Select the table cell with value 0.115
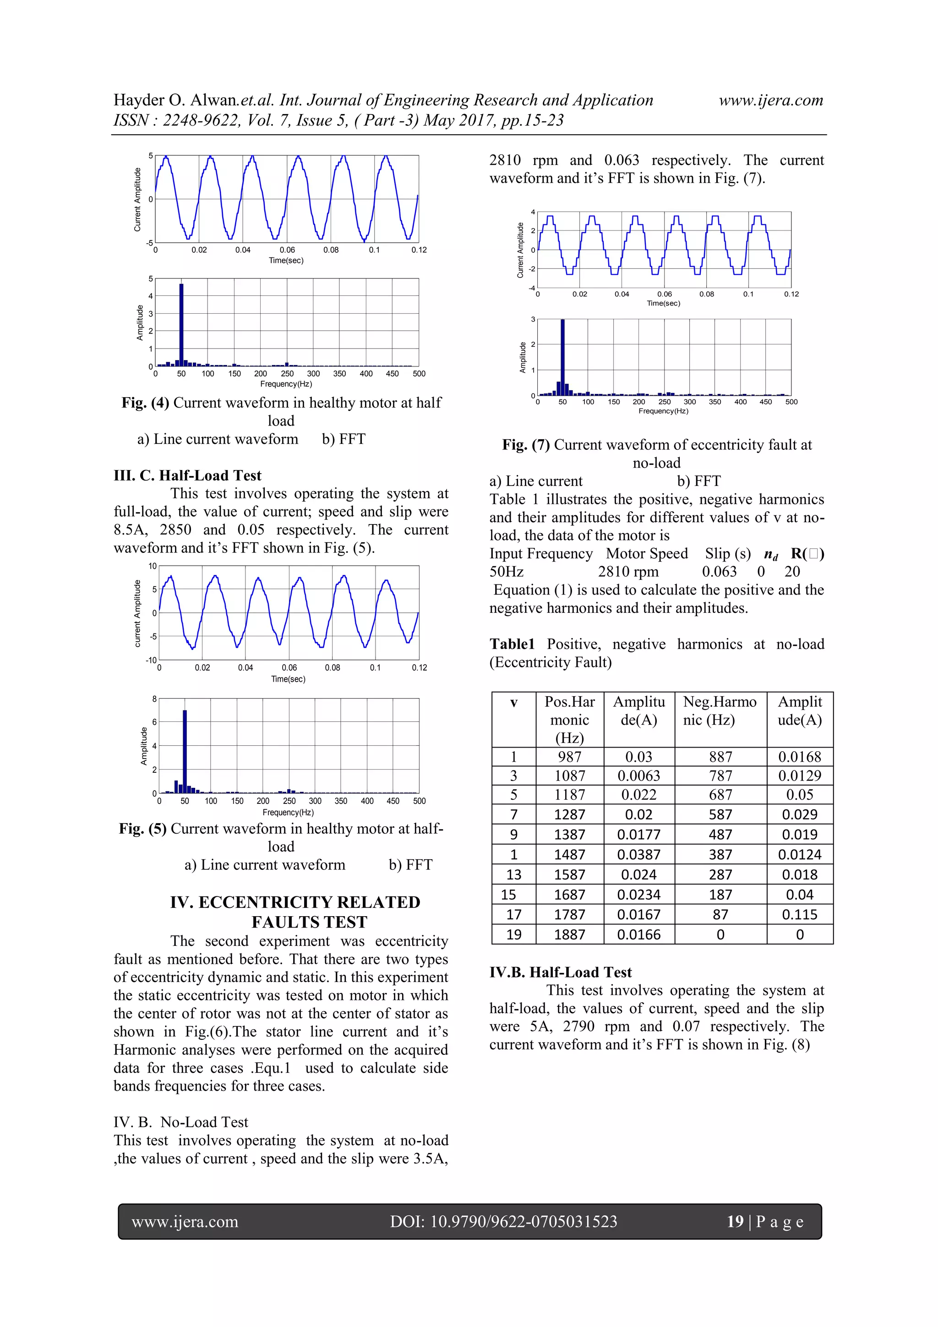[799, 914]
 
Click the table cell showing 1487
[569, 854]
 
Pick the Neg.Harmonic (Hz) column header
[720, 711]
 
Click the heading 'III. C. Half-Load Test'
[187, 475]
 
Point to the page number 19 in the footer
[735, 1221]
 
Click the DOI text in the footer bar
[503, 1221]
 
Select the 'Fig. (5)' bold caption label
[142, 828]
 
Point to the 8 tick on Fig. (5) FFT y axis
[154, 698]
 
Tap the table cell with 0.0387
[638, 854]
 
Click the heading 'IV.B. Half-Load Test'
[560, 972]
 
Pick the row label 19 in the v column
[513, 934]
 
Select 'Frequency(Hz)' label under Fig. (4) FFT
[286, 384]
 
